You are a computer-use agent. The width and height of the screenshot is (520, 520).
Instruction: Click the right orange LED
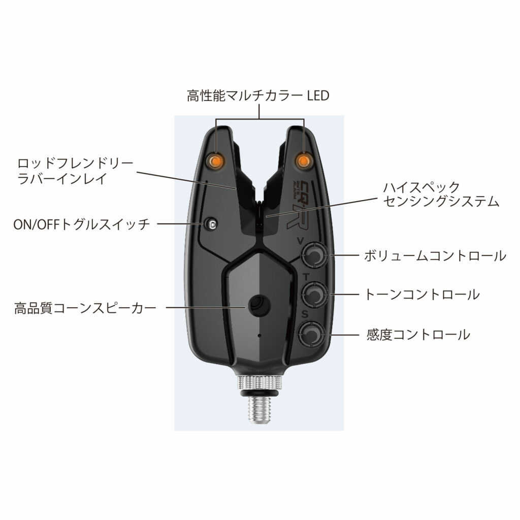click(303, 161)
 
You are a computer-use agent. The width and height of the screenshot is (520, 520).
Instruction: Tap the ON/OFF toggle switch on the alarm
click(211, 224)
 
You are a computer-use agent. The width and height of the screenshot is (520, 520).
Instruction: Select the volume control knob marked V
click(314, 255)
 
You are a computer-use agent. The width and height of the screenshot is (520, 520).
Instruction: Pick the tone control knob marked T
click(314, 294)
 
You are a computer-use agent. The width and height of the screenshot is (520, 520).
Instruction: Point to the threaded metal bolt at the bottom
click(259, 409)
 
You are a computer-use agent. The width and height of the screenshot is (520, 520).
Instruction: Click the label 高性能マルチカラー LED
click(258, 96)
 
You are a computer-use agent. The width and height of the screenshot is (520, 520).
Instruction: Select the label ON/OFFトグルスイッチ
click(82, 224)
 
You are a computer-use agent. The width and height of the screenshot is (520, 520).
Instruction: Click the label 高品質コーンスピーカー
click(85, 308)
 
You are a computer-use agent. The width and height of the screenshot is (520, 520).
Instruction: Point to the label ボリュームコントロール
click(435, 256)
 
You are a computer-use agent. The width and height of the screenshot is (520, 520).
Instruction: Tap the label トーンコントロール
click(422, 295)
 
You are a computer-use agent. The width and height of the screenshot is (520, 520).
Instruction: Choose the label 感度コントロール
click(418, 335)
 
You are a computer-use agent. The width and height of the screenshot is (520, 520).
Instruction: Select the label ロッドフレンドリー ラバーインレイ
click(75, 171)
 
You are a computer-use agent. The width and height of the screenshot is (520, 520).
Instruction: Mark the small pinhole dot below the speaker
click(259, 335)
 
